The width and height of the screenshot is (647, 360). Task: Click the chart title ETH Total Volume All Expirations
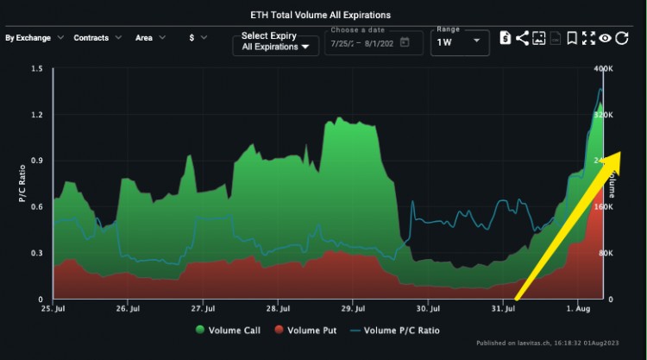point(323,16)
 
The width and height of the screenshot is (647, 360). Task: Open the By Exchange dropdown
point(34,38)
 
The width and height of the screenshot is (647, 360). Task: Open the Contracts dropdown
point(97,38)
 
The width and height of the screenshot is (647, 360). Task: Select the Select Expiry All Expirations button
point(275,41)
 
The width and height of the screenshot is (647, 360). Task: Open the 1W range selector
point(458,41)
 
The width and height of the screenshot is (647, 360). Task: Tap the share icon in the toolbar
point(522,38)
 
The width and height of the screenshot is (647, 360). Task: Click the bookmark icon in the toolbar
point(572,38)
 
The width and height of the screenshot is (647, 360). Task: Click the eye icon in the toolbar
point(606,38)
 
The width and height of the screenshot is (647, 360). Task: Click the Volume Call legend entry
point(229,329)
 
